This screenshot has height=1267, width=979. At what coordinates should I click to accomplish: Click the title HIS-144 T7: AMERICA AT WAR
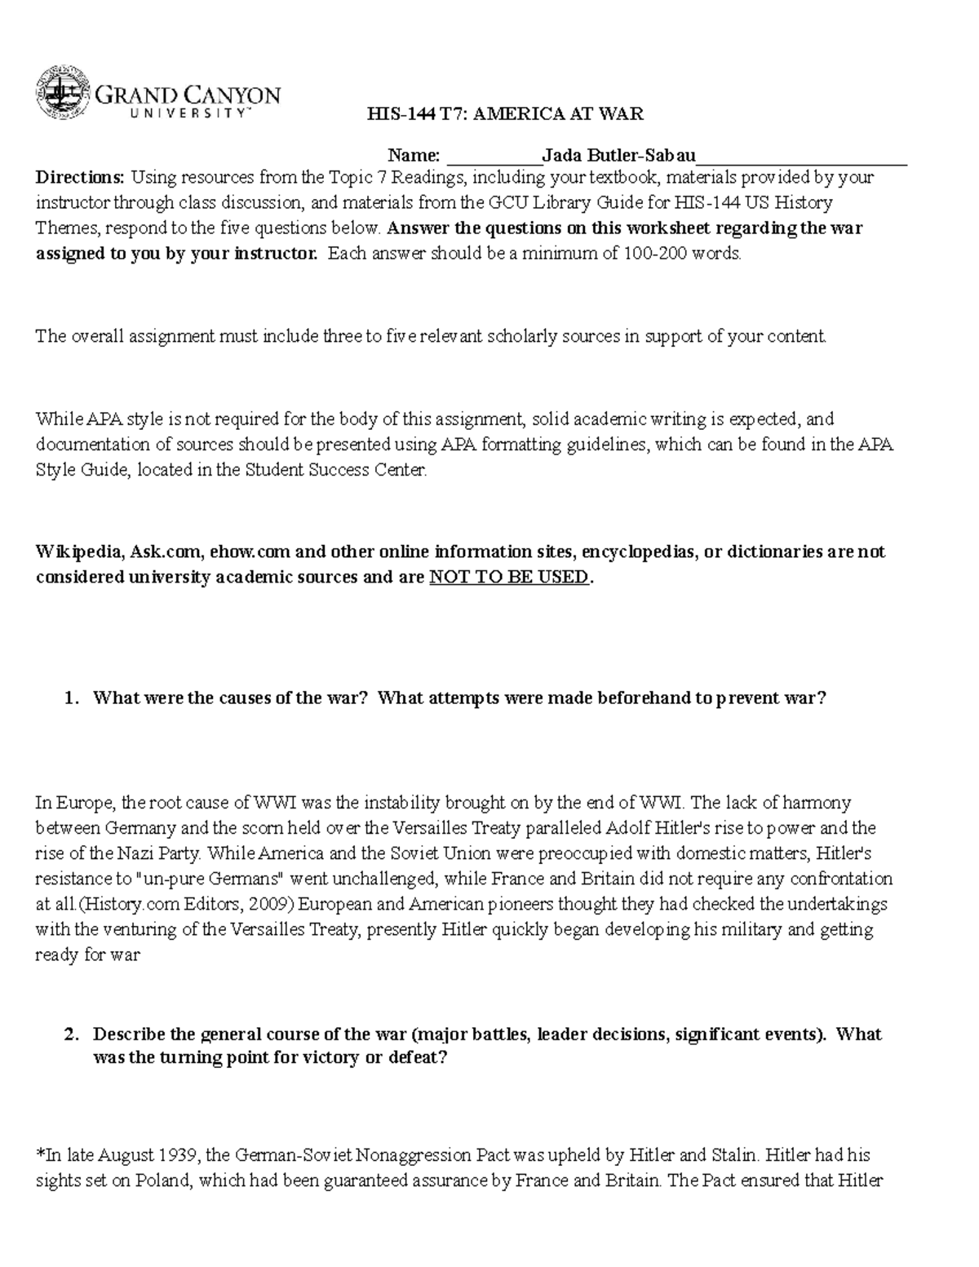[505, 114]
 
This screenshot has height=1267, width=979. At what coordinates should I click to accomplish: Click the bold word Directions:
[80, 177]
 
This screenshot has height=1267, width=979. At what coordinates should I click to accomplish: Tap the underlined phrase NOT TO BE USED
[508, 578]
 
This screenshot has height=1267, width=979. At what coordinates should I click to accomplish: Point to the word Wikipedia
[79, 552]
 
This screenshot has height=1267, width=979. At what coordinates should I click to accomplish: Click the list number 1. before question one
[73, 698]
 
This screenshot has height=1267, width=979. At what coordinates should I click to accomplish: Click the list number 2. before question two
[73, 1034]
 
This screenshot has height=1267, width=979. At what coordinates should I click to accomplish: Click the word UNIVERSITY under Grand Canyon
[188, 115]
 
